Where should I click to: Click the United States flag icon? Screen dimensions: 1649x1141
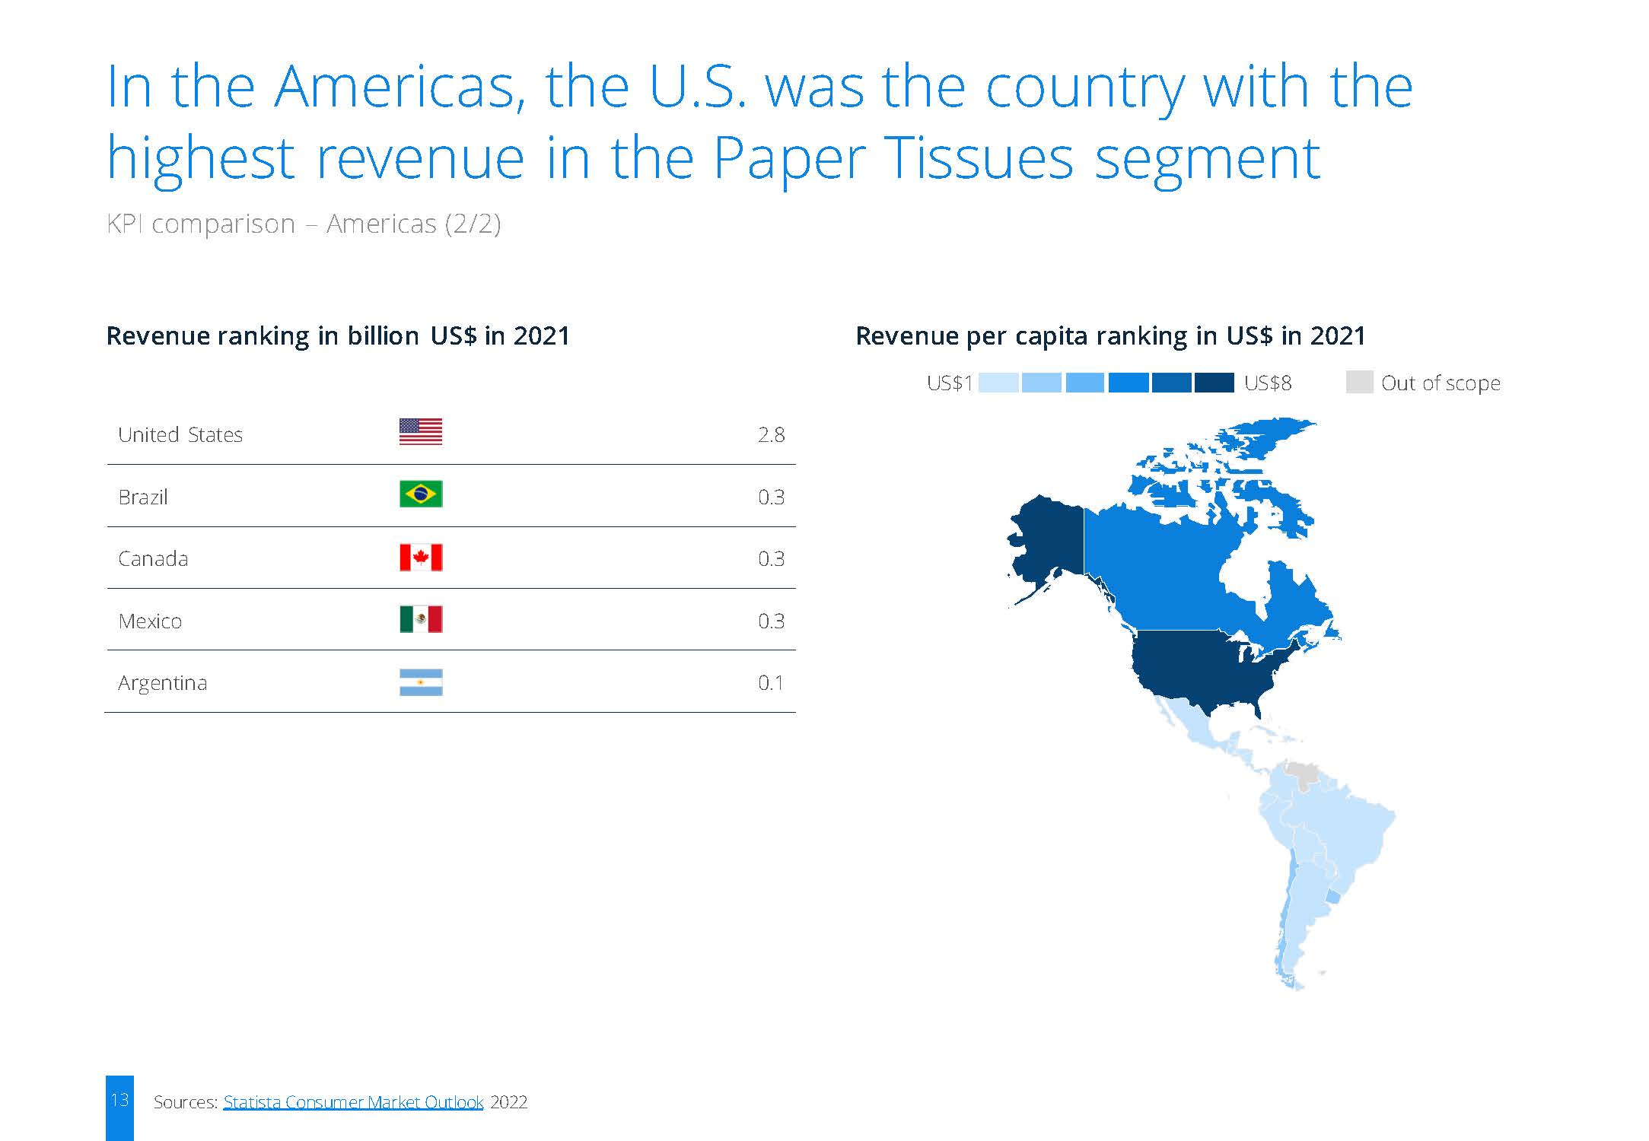[x=421, y=431]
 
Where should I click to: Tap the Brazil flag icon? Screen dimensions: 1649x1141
[x=421, y=494]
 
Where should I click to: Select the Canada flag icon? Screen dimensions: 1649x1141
[x=421, y=558]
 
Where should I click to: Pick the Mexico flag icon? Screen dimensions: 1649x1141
[x=421, y=619]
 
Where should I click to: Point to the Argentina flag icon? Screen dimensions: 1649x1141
[x=421, y=682]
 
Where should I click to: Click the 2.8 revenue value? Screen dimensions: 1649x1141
[x=771, y=434]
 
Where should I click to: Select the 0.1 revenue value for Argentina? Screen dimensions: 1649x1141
[x=771, y=682]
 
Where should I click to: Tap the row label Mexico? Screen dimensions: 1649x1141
[x=150, y=621]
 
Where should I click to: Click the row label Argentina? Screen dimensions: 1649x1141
[x=162, y=683]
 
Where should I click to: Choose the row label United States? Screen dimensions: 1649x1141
[x=180, y=434]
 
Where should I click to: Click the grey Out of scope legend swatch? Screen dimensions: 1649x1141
[x=1359, y=382]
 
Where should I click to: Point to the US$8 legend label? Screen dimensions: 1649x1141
[x=1268, y=383]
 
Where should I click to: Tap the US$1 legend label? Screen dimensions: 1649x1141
[x=950, y=383]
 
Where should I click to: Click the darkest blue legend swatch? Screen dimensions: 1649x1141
[x=1214, y=383]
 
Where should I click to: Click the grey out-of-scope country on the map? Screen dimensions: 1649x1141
[x=1302, y=774]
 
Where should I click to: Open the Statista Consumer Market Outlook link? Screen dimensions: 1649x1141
[x=353, y=1102]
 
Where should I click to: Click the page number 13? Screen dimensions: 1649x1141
[x=119, y=1100]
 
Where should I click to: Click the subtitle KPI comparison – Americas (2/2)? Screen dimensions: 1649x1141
[x=304, y=224]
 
